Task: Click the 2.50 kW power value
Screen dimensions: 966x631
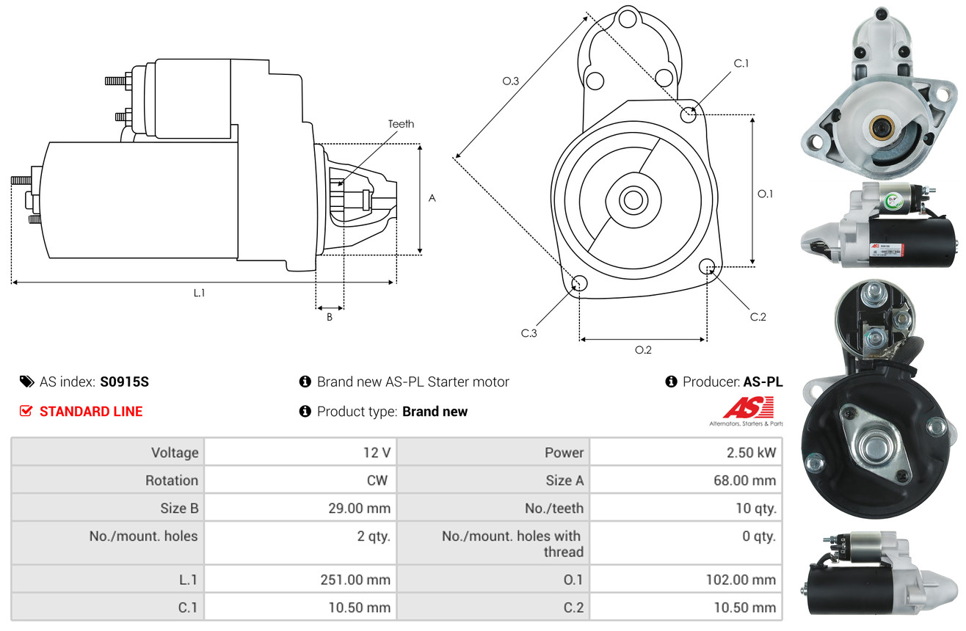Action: (x=751, y=453)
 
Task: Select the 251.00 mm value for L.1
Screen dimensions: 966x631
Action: (x=355, y=580)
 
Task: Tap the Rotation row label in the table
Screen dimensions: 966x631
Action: (x=172, y=480)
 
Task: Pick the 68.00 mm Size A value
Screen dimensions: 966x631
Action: (x=744, y=480)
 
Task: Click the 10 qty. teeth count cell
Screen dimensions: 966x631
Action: (x=755, y=508)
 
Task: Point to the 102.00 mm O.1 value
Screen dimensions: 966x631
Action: (x=741, y=580)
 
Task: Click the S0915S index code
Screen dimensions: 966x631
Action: (x=124, y=382)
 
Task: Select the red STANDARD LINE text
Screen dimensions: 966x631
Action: (x=91, y=412)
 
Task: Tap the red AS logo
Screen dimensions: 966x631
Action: (x=748, y=407)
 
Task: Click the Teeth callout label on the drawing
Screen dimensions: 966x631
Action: (x=401, y=124)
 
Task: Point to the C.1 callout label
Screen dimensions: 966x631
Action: (x=741, y=63)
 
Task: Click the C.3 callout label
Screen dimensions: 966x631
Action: (x=529, y=333)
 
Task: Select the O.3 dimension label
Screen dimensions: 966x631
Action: (x=511, y=81)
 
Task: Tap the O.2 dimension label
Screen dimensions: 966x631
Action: (x=643, y=350)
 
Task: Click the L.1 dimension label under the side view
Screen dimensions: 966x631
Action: (x=199, y=293)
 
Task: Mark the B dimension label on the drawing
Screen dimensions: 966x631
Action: (x=330, y=317)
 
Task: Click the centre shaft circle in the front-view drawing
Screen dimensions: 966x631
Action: (x=633, y=200)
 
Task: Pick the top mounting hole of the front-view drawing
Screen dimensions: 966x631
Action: (x=628, y=19)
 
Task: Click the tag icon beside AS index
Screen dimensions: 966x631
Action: (x=26, y=382)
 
